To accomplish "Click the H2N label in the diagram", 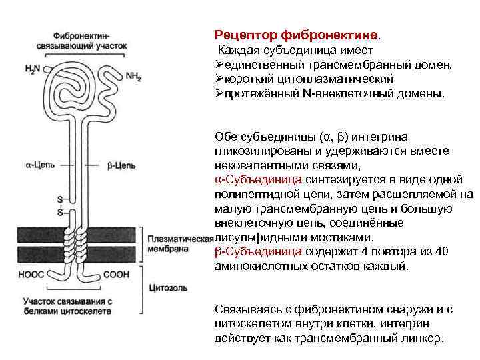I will click(31, 69).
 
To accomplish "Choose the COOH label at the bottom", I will click(118, 273).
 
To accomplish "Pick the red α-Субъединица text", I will click(259, 179).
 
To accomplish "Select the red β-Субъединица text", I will click(259, 251).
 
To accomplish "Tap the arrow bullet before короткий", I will click(219, 79).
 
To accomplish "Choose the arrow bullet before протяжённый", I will click(219, 94).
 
